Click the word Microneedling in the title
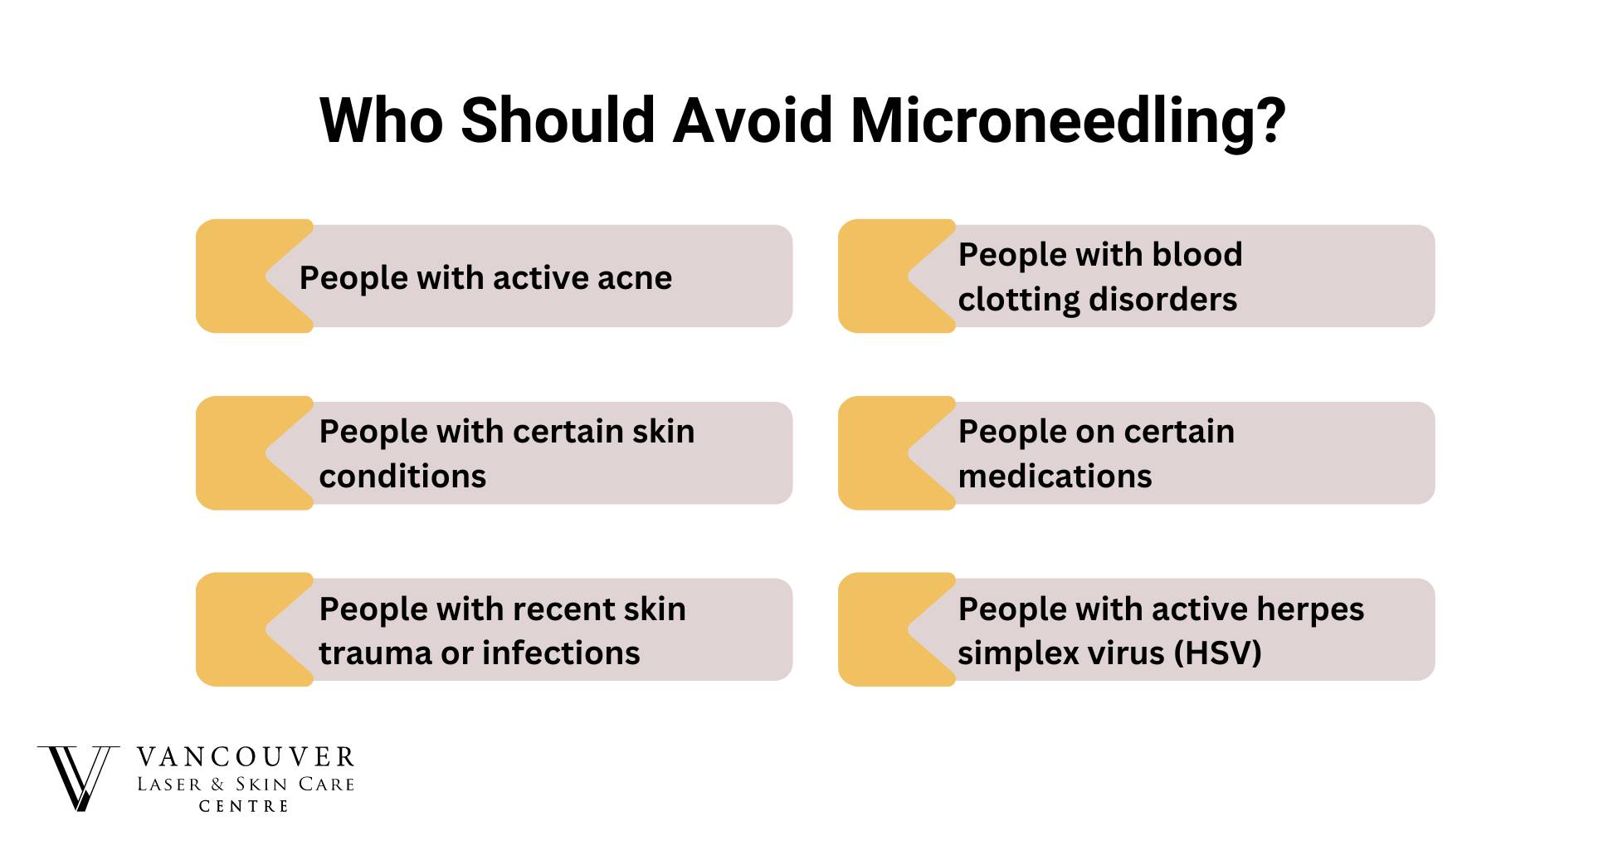[x=1069, y=121]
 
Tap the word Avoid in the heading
[x=753, y=120]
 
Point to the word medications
[x=1055, y=477]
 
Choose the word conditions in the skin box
[x=402, y=477]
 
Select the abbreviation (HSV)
[x=1218, y=653]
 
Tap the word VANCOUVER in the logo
[x=246, y=757]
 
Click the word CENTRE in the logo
[x=244, y=806]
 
